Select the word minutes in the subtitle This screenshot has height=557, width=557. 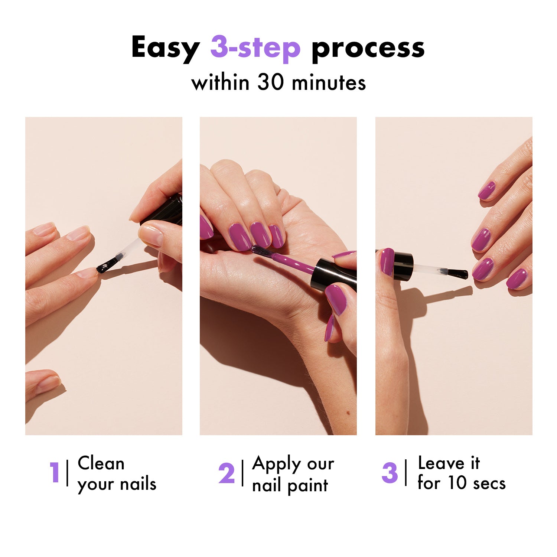coord(329,82)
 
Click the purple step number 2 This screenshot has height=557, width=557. coord(227,473)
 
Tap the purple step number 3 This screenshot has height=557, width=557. coord(390,473)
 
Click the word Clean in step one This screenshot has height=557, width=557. coord(101,463)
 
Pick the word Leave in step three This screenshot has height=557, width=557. coord(441,463)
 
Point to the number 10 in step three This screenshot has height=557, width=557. coord(457,483)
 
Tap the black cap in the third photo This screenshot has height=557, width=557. coord(403,266)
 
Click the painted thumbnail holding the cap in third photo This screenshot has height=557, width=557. coord(387,261)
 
